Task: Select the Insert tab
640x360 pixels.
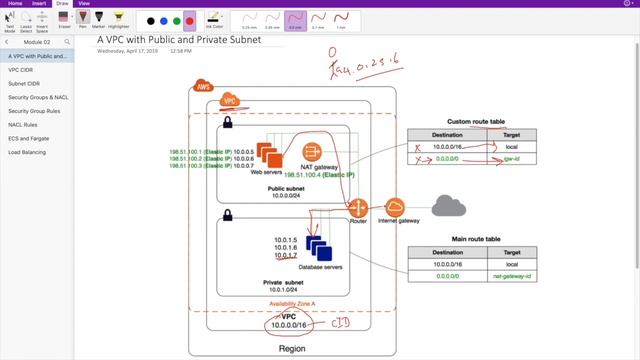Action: (x=39, y=4)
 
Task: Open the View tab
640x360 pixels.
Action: (x=83, y=4)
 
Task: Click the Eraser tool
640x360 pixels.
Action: (x=64, y=20)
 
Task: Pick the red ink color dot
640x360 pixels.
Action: (x=190, y=20)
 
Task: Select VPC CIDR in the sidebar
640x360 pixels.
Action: (x=21, y=70)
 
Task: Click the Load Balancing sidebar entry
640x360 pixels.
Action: (x=27, y=166)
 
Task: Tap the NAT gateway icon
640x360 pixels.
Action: (x=312, y=153)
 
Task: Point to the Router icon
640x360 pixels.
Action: (x=358, y=207)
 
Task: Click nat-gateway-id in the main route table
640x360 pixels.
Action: (x=512, y=272)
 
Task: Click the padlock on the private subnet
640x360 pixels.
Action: (x=228, y=214)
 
